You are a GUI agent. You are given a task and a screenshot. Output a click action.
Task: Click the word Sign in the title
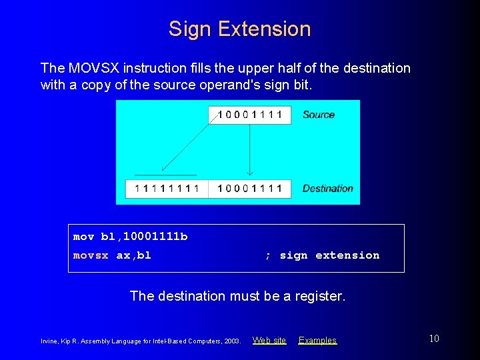click(190, 29)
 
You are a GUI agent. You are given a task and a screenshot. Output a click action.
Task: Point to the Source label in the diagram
click(318, 115)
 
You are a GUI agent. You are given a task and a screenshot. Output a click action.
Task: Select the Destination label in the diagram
click(327, 189)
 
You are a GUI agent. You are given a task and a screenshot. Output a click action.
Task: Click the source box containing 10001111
click(249, 115)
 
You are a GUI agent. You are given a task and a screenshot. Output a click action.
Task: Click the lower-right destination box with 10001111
click(249, 189)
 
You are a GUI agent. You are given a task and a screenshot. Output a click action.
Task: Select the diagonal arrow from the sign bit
click(189, 141)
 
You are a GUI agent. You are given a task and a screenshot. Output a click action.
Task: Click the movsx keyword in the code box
click(90, 255)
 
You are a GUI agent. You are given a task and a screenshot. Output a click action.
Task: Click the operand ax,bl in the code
click(134, 255)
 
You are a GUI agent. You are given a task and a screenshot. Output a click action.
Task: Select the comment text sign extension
click(329, 255)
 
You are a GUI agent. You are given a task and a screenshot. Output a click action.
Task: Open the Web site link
click(269, 341)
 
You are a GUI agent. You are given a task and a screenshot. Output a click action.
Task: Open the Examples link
click(317, 341)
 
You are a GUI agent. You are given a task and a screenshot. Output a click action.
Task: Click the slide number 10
click(433, 339)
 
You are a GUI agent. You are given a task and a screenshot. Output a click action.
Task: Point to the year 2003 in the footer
click(232, 341)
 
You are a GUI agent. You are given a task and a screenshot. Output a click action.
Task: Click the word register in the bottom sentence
click(318, 296)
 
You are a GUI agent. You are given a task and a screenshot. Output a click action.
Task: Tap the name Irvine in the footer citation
click(49, 341)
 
